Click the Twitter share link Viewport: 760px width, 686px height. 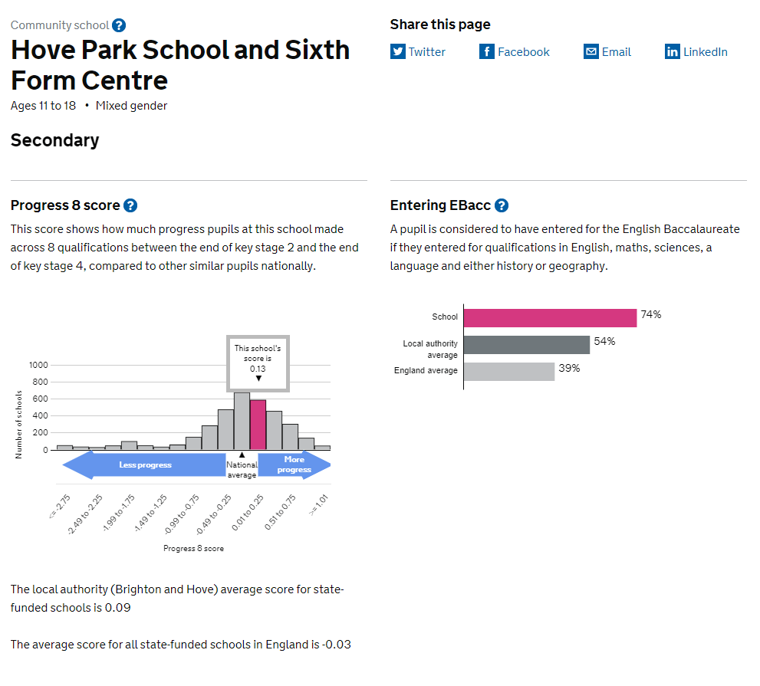(x=418, y=52)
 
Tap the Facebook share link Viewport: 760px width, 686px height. (x=515, y=52)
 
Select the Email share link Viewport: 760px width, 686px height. (x=607, y=52)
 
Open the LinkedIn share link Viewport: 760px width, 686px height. (x=696, y=52)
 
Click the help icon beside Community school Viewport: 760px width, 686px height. (x=119, y=25)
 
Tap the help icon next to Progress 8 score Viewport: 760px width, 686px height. (x=130, y=205)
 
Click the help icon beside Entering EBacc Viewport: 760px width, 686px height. (x=502, y=205)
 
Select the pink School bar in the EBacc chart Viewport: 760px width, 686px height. (x=550, y=318)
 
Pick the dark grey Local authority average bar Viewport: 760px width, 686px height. (x=527, y=345)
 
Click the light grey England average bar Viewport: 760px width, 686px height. (x=509, y=372)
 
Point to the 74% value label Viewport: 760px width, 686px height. (x=651, y=314)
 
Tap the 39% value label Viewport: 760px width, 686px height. (x=569, y=368)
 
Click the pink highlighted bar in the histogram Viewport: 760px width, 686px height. (x=258, y=425)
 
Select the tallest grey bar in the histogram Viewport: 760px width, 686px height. (x=242, y=421)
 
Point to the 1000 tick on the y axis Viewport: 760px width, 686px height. (x=38, y=365)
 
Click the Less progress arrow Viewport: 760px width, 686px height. (x=144, y=465)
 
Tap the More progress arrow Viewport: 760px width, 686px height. (x=294, y=465)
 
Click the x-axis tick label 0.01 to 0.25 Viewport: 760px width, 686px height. (x=248, y=513)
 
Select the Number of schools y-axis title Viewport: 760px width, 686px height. (x=18, y=425)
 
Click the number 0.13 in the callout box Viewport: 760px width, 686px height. (x=258, y=369)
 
